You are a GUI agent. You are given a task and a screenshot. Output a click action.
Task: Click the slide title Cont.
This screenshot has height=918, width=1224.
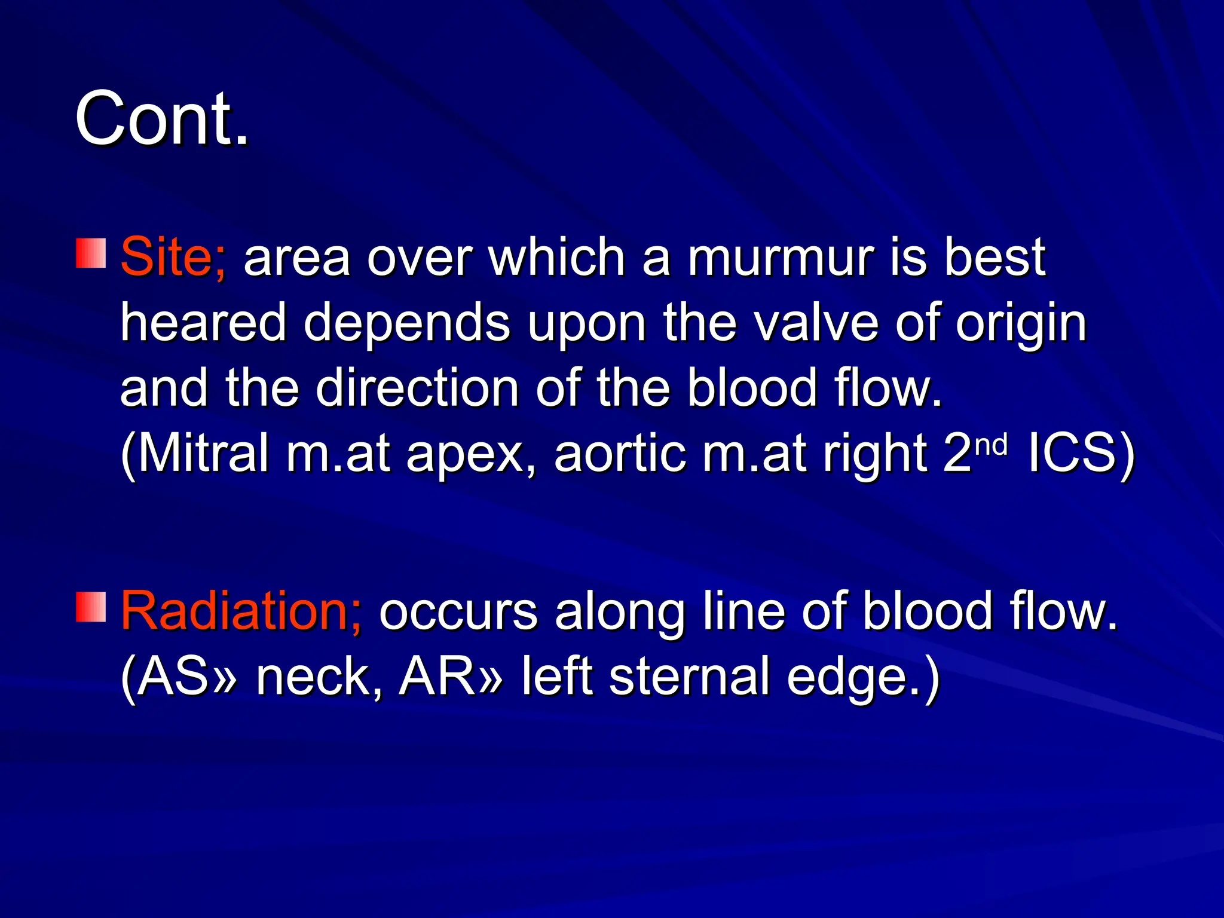161,118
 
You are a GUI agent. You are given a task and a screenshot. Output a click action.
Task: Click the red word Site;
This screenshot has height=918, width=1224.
173,258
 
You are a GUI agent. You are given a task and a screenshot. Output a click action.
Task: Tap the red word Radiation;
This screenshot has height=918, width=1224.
241,611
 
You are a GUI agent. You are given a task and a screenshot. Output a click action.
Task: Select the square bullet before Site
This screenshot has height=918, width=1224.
91,253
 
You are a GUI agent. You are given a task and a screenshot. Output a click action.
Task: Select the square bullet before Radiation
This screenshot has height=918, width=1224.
91,607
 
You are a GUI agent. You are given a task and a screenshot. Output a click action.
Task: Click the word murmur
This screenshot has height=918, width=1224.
781,258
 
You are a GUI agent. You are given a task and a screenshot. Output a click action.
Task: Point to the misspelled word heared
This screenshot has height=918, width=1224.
203,323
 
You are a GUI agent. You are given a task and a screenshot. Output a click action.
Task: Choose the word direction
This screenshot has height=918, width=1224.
417,388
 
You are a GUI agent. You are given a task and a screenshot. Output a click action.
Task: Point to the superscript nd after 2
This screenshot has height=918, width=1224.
991,443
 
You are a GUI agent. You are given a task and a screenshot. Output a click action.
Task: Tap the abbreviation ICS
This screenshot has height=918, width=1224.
1073,453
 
